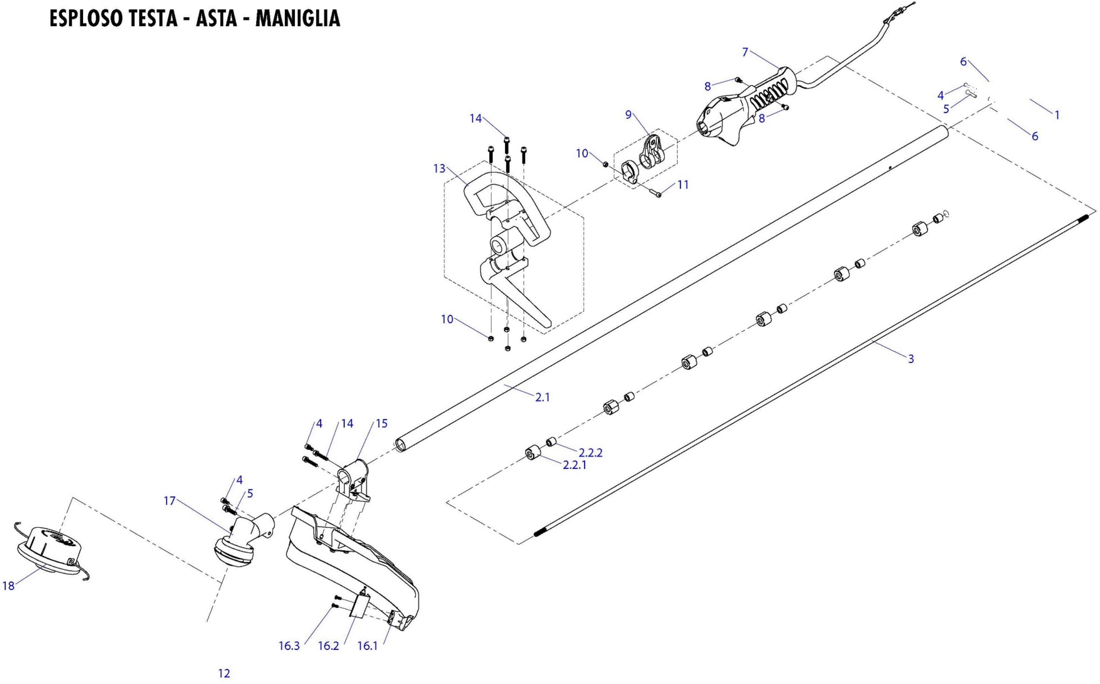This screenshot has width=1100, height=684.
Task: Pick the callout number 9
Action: (628, 115)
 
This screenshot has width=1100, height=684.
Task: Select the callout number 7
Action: (745, 52)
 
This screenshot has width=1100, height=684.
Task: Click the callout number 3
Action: (911, 359)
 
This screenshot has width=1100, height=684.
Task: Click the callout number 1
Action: (1057, 115)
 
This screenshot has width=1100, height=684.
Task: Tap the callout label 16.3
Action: (289, 646)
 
